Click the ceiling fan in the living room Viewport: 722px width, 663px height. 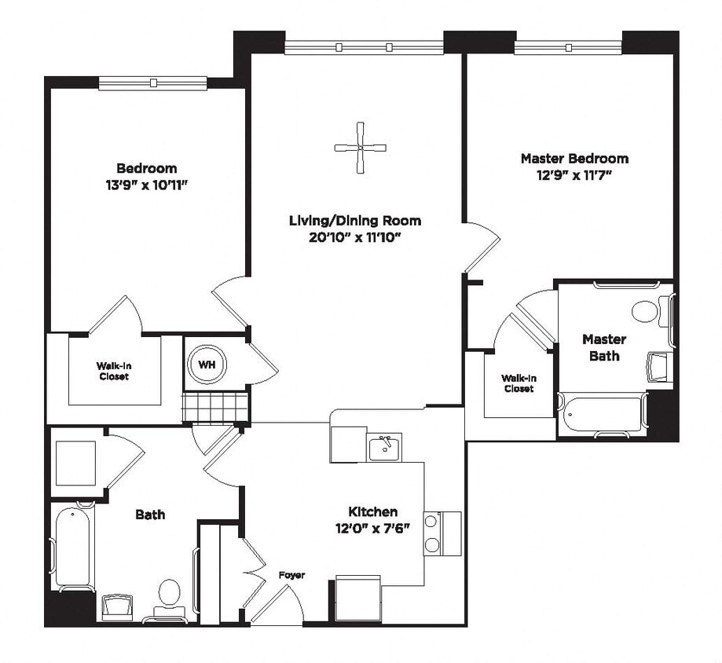[x=361, y=147]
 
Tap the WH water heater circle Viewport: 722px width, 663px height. [x=207, y=364]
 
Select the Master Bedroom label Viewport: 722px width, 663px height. [x=574, y=159]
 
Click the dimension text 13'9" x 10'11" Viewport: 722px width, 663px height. [x=147, y=185]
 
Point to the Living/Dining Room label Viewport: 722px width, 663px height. [x=355, y=221]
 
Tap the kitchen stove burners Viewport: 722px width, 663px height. [x=431, y=533]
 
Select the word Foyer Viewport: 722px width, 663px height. [x=291, y=576]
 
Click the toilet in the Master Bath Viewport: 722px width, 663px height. [x=647, y=311]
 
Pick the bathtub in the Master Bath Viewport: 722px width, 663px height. [x=602, y=413]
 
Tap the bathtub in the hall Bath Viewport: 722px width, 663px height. [x=75, y=545]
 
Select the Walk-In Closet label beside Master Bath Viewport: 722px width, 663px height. [x=519, y=383]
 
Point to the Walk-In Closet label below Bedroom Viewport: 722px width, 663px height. [x=113, y=371]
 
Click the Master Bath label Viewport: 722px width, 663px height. [x=604, y=347]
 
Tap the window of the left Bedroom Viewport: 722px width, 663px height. [x=153, y=82]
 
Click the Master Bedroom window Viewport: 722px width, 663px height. [x=568, y=47]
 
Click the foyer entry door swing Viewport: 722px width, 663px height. [x=279, y=606]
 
